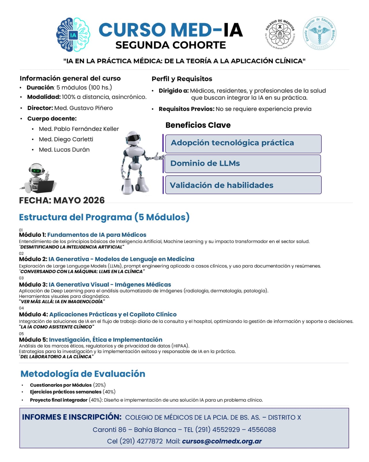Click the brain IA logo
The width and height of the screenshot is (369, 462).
click(x=73, y=35)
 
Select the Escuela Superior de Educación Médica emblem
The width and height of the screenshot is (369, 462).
click(x=319, y=33)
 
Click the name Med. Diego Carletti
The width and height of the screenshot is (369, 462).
click(x=66, y=139)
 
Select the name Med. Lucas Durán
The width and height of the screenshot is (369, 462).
click(x=64, y=150)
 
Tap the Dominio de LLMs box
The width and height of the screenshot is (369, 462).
click(x=242, y=164)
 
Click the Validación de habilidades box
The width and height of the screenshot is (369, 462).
click(x=243, y=185)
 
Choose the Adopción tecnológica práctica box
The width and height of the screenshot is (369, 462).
click(x=243, y=144)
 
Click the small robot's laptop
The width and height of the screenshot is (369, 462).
click(x=45, y=187)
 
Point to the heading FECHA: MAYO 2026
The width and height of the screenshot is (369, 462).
click(x=62, y=200)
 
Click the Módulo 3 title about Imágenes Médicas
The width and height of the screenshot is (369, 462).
click(x=110, y=285)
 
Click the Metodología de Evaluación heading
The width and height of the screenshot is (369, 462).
click(x=83, y=374)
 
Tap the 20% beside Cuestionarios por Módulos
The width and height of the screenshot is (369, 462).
click(x=99, y=385)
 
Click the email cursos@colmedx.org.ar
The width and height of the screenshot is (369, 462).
click(x=222, y=441)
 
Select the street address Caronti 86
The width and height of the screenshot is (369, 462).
click(x=109, y=430)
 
